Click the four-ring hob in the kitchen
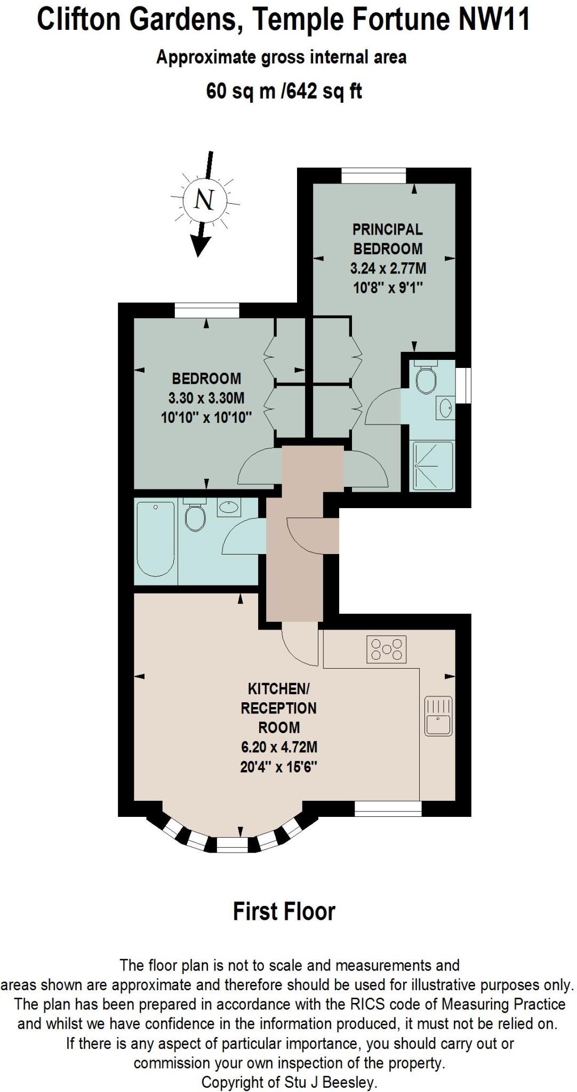[387, 649]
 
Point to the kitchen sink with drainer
[438, 716]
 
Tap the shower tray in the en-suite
[432, 466]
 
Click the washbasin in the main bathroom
[229, 507]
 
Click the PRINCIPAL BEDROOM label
[388, 239]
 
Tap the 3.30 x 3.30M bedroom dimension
[206, 398]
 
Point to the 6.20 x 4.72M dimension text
[279, 747]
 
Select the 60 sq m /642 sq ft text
[284, 92]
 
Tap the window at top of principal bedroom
[374, 175]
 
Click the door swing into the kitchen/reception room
[299, 647]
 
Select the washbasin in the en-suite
[445, 409]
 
